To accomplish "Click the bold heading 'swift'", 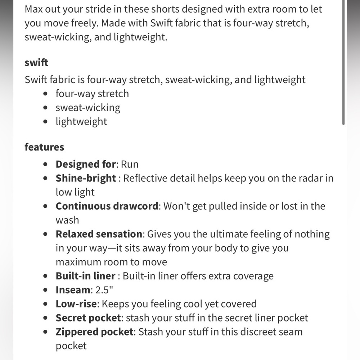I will [36, 62].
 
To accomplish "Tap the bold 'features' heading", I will [44, 147].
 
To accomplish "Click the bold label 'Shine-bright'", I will [86, 178].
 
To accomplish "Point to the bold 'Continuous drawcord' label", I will [107, 206].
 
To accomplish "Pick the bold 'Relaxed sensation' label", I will [99, 234].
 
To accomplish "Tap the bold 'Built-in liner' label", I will [85, 276].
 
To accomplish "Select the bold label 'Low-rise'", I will [76, 304].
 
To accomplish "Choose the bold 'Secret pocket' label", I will [88, 318].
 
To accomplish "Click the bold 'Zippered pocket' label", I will [94, 332].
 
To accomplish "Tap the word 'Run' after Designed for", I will [130, 164].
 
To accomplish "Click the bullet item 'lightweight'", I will [81, 121].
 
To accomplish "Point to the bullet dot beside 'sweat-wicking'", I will [45, 108].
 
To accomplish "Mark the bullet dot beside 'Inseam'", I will [45, 290].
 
